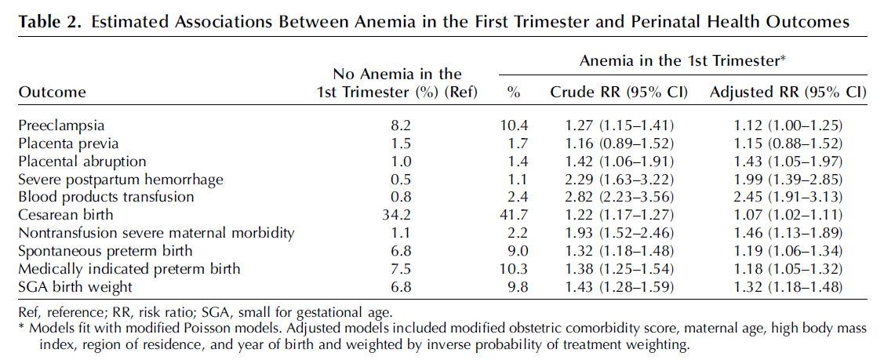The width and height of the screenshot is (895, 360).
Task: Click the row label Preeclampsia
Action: coord(62,125)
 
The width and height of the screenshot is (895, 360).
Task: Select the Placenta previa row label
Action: coord(68,144)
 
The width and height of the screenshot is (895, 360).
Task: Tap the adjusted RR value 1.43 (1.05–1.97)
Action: coord(787,162)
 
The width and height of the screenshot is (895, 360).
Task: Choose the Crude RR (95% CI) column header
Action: coord(619,93)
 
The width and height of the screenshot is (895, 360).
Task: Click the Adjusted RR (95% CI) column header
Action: coord(788,93)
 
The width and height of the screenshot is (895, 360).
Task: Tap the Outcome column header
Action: coord(52,93)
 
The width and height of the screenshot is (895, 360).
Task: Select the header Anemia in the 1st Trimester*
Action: coord(683,61)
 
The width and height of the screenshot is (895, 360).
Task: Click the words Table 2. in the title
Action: coord(51,22)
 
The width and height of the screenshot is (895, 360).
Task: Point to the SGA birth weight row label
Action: coord(75,286)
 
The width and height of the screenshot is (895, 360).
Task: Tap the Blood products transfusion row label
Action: coord(106,197)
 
